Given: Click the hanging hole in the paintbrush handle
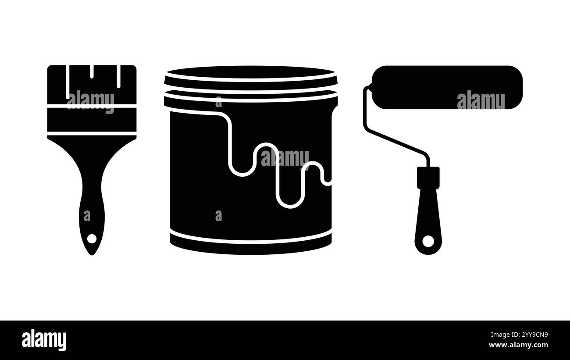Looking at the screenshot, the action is tap(92, 239).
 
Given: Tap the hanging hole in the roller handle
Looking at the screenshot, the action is tap(428, 241).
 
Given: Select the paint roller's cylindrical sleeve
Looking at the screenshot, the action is tap(447, 87).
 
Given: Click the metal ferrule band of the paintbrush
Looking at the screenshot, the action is tap(92, 120).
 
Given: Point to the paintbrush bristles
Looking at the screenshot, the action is tap(92, 85).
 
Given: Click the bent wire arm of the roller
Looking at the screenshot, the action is tap(392, 130).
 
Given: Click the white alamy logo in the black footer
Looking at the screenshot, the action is tap(44, 340).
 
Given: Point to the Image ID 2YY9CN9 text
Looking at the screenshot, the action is tap(520, 335).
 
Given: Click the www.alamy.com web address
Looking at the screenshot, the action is tap(518, 345).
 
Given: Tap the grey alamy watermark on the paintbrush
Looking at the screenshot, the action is tap(90, 102).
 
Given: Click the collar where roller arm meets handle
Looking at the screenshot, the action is tap(428, 178).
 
